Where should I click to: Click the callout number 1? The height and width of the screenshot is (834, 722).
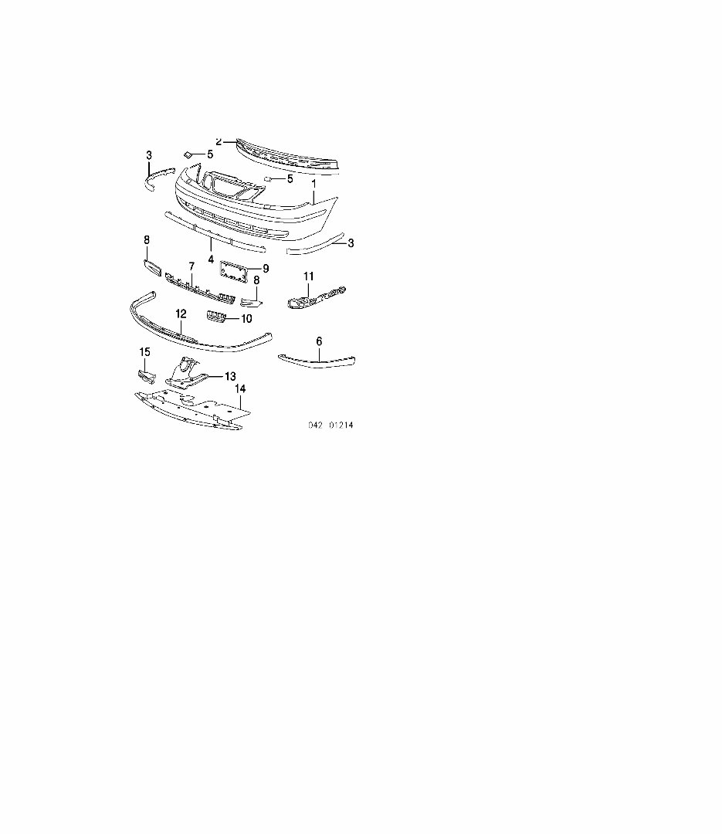314,185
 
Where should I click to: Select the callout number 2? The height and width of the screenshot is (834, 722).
219,142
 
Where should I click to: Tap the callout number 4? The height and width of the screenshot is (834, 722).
211,259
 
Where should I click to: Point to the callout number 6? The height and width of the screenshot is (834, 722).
319,341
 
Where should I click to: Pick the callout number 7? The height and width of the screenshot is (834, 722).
191,266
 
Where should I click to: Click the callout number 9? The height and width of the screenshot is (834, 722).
265,269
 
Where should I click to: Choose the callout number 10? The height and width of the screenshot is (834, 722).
246,318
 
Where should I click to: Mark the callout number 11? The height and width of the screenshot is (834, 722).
308,276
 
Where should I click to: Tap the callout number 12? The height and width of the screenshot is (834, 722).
181,314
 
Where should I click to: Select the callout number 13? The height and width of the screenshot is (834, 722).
229,376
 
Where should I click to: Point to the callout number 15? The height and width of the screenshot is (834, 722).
144,352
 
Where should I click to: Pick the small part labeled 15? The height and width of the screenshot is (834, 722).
146,376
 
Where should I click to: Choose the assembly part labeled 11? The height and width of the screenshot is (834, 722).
317,298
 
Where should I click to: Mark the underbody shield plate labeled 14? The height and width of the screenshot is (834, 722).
189,408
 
